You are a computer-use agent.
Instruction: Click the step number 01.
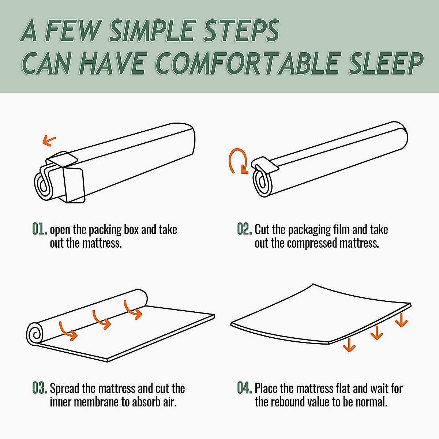click(40, 229)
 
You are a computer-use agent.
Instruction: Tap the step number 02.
click(244, 229)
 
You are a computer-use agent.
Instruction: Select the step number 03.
click(40, 388)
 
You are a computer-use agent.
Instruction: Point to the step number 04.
click(244, 388)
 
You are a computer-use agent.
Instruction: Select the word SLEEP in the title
click(386, 63)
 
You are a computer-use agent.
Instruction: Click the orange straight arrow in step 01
click(49, 140)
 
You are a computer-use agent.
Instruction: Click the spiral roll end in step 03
click(35, 334)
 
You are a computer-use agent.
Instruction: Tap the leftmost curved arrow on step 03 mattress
click(68, 331)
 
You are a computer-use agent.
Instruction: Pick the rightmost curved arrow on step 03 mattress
click(133, 309)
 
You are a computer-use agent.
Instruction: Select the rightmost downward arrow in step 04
click(401, 320)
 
